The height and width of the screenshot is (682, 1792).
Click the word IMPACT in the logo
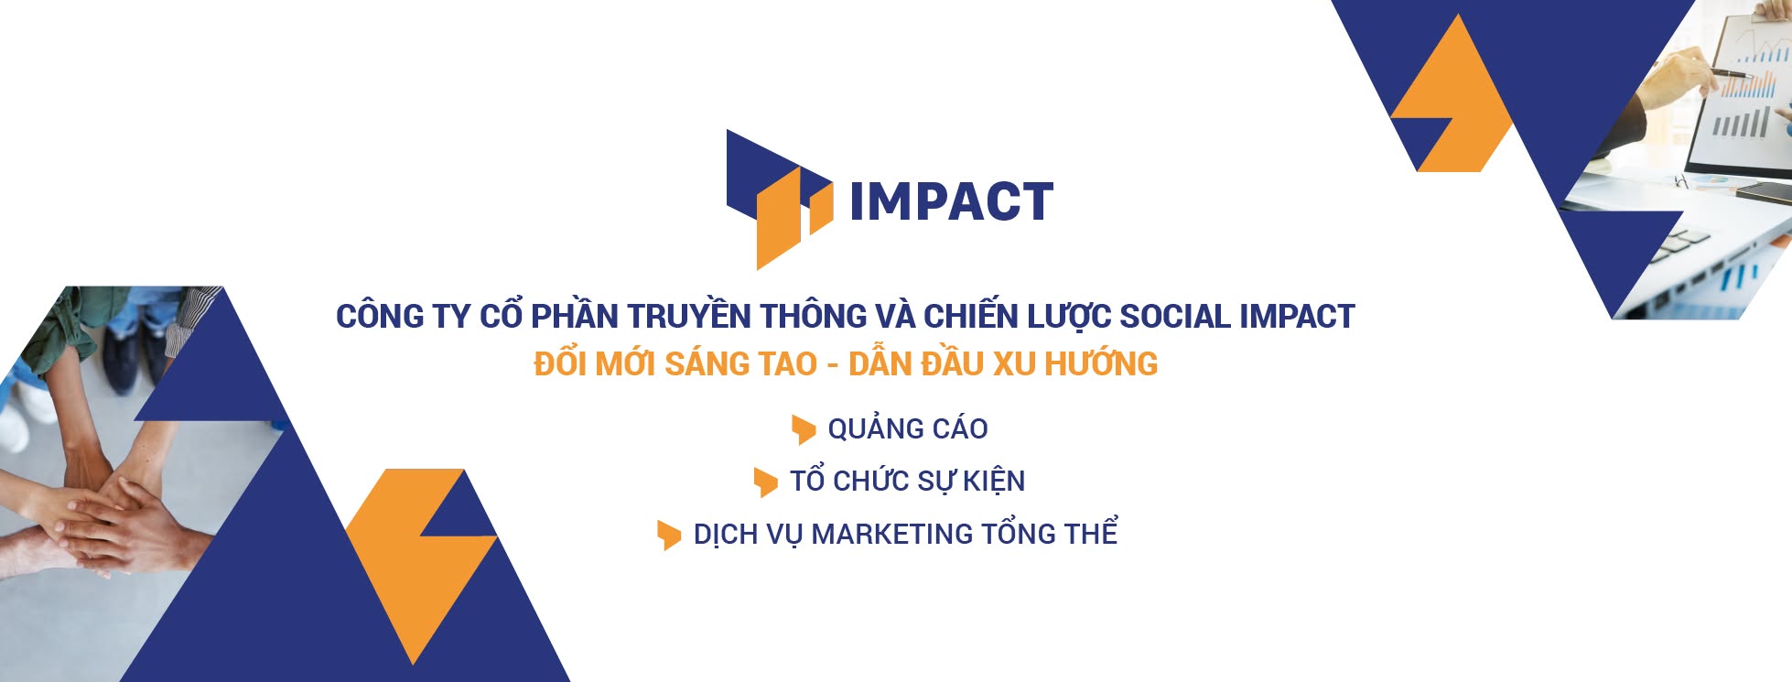951,202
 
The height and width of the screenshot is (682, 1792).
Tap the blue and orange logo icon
778,200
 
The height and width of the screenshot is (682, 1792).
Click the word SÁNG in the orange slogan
706,364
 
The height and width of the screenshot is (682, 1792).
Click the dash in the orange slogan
832,365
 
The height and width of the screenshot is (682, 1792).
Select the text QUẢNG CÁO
907,428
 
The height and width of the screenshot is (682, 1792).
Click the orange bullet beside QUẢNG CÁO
803,428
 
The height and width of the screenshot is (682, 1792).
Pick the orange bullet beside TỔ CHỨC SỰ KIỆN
765,482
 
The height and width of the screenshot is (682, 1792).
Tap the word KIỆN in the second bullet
993,482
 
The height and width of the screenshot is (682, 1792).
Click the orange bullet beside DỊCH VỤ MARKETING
669,535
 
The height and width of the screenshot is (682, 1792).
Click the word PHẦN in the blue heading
575,317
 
